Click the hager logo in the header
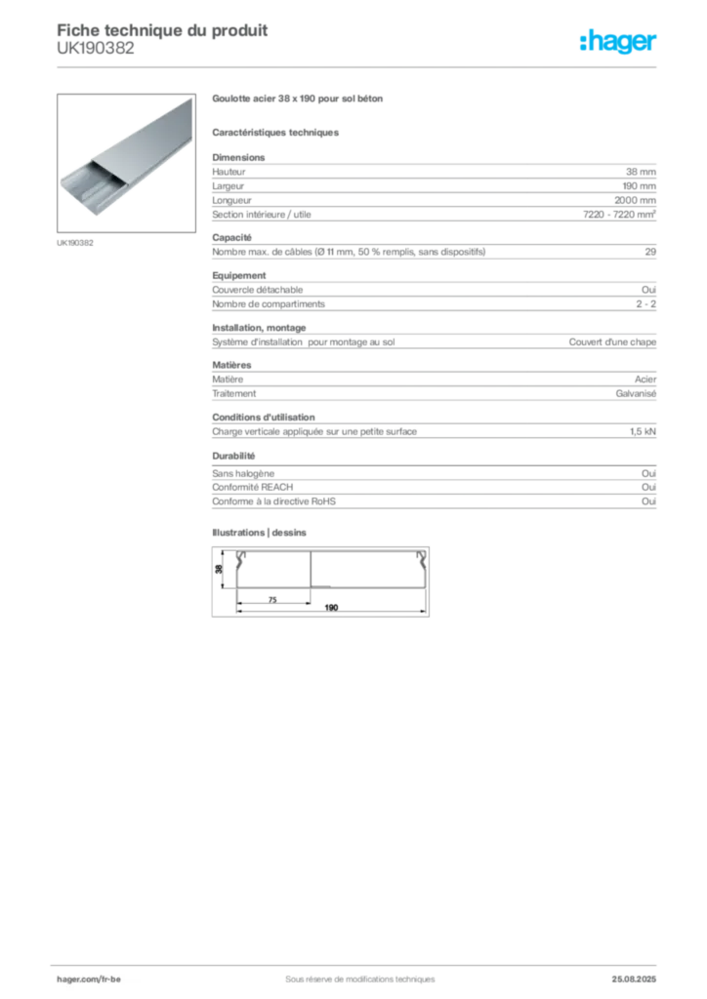pos(618,41)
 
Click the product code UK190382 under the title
pos(96,49)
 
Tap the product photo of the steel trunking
pos(126,163)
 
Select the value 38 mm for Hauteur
pos(641,172)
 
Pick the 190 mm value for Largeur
pos(640,186)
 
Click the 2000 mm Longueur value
pos(635,200)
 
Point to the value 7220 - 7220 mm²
pos(620,214)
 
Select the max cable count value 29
pos(650,252)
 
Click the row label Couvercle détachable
pos(258,289)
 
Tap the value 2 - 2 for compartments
pos(645,304)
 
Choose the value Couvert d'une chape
pos(612,342)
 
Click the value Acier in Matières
pos(645,380)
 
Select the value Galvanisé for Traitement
pos(636,394)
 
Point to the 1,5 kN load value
pos(643,431)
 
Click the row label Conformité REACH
pos(253,487)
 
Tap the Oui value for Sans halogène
pos(649,473)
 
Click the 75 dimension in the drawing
pos(272,600)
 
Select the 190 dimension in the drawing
pos(331,608)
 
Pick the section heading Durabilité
pos(233,457)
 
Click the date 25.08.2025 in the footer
pos(634,979)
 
